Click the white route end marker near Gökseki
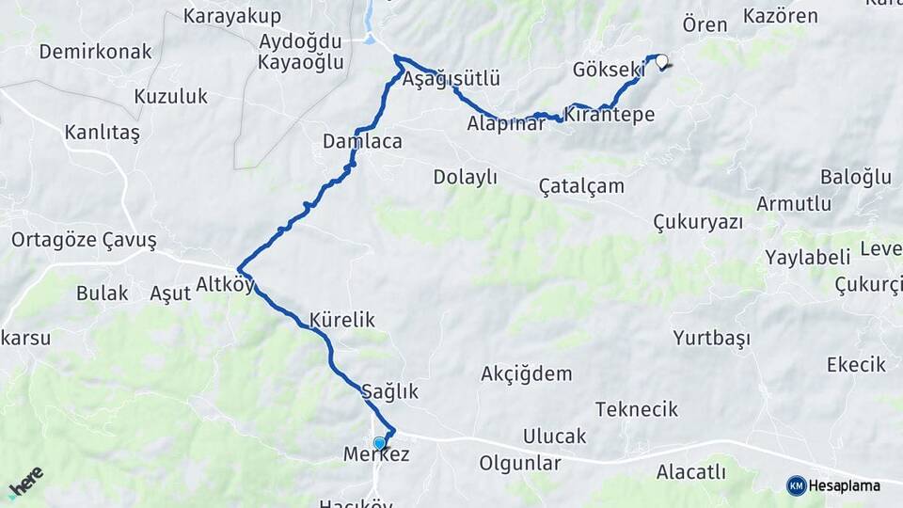[x=662, y=63]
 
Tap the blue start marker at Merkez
[x=379, y=443]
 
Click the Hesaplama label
[x=845, y=485]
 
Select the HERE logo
[x=25, y=482]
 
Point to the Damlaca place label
[x=362, y=142]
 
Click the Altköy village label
[x=225, y=284]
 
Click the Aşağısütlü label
[x=451, y=79]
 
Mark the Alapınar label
[x=506, y=122]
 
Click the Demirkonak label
[x=95, y=52]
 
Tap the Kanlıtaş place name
[x=102, y=133]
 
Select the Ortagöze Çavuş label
[x=84, y=240]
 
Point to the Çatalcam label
[x=581, y=185]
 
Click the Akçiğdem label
[x=526, y=373]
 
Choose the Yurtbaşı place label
[x=711, y=338]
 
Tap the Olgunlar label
[x=520, y=463]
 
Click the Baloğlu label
[x=855, y=177]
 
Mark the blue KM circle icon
[x=797, y=485]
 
